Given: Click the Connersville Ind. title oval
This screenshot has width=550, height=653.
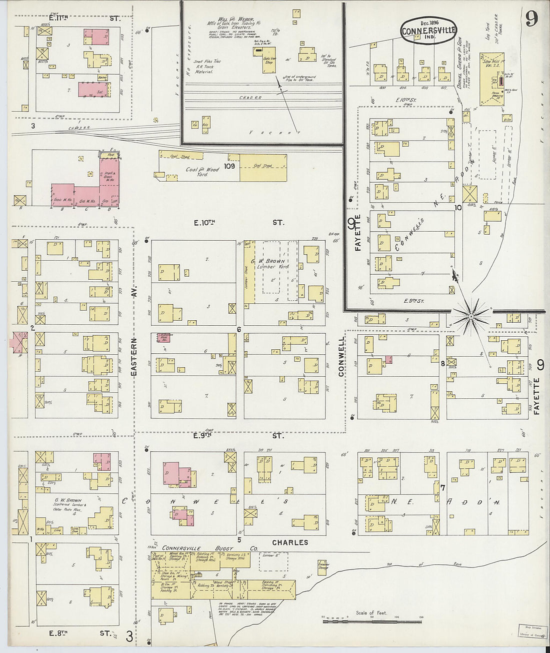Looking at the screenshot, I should [x=428, y=31].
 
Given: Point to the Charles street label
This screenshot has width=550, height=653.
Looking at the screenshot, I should [x=290, y=542].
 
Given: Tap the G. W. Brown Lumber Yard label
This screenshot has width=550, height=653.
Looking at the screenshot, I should [x=272, y=263].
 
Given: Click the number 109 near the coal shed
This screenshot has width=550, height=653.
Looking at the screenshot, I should [x=229, y=166].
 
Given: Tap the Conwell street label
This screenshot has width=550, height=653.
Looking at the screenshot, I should [x=342, y=356].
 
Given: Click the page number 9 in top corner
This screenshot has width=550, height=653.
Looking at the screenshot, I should [x=531, y=19].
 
